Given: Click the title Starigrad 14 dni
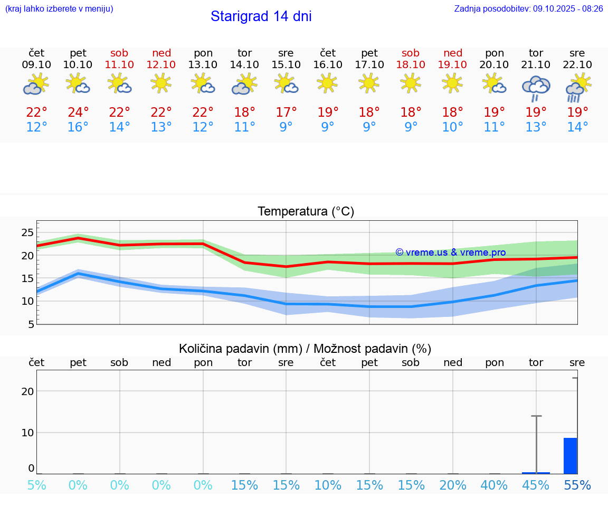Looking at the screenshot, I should [x=261, y=16].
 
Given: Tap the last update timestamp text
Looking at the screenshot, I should [x=528, y=9].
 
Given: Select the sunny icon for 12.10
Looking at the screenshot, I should [x=161, y=83].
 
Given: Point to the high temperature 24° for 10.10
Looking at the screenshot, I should [x=78, y=112].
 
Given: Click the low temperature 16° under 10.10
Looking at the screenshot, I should [x=78, y=127].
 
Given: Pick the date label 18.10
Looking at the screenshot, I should [x=411, y=64].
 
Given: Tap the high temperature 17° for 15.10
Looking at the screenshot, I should [x=286, y=112].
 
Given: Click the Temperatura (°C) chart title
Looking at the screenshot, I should [x=306, y=212].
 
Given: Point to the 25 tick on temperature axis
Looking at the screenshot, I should [x=27, y=233].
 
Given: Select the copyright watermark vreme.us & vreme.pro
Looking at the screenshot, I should [x=450, y=252].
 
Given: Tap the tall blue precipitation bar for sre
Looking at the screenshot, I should [x=570, y=455].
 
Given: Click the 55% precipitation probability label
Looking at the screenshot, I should [x=577, y=485].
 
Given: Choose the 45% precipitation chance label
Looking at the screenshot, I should [x=536, y=485].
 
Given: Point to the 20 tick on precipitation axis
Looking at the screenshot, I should [x=27, y=391].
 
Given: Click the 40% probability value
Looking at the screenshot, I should [x=494, y=485].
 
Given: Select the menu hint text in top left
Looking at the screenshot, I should [x=59, y=9].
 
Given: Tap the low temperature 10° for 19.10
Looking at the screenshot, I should [x=452, y=127].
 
